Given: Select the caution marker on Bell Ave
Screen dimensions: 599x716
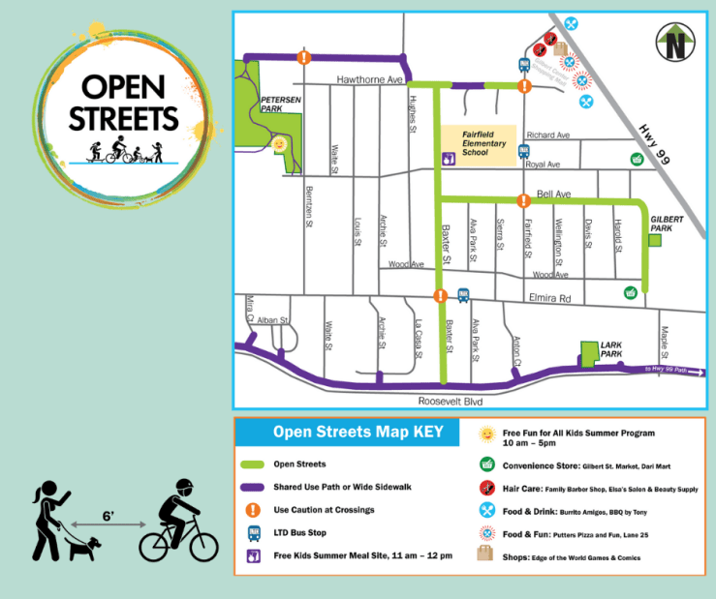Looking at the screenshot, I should click(x=523, y=201).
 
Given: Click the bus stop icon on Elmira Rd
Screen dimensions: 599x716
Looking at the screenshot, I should click(x=463, y=294).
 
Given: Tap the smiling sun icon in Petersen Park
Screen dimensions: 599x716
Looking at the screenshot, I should click(x=279, y=144).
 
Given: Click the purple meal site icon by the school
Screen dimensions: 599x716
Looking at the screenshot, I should click(x=449, y=160).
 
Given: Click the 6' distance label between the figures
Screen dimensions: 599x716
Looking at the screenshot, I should click(x=109, y=517).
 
